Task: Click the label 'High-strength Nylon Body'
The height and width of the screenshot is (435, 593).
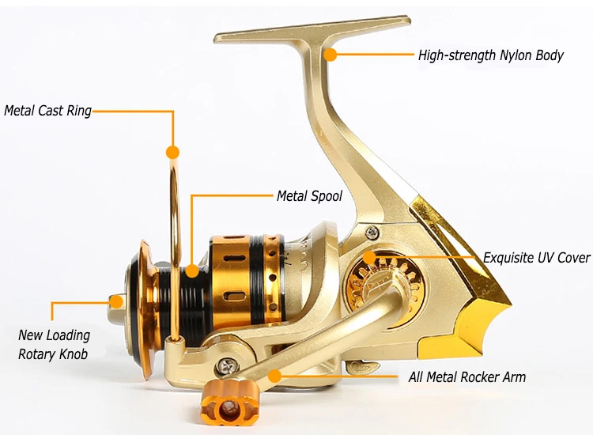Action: tap(490, 55)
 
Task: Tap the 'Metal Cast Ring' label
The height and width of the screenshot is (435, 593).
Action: tap(47, 111)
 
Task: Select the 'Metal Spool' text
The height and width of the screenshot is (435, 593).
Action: tap(309, 195)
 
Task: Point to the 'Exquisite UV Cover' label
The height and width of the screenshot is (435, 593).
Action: tap(537, 258)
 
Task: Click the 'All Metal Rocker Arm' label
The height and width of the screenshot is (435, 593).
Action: tap(466, 377)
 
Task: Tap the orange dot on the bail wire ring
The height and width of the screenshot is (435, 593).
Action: tap(172, 151)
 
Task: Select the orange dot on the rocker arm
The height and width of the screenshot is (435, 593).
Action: tap(274, 376)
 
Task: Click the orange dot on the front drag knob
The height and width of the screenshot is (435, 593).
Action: tap(116, 301)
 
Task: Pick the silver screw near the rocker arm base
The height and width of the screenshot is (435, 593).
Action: tap(228, 365)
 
